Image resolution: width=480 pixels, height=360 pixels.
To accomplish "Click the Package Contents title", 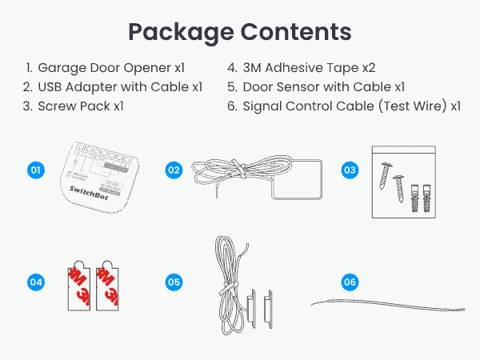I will pyautogui.click(x=240, y=31).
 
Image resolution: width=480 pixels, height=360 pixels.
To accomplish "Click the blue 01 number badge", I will pyautogui.click(x=35, y=170).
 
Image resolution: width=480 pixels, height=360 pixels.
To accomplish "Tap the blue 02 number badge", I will pyautogui.click(x=174, y=170).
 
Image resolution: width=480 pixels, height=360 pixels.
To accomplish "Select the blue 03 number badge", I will pyautogui.click(x=350, y=170).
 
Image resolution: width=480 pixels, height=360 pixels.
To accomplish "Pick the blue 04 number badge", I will pyautogui.click(x=35, y=282).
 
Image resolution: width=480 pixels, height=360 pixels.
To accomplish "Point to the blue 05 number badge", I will pyautogui.click(x=174, y=282).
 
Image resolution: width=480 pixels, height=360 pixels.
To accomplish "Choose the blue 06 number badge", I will pyautogui.click(x=350, y=282).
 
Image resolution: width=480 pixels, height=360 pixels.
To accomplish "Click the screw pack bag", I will pyautogui.click(x=405, y=182).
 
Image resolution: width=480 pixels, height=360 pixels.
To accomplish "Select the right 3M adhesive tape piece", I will pyautogui.click(x=107, y=286).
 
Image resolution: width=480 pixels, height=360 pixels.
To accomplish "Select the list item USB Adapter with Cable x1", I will pyautogui.click(x=120, y=86).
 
